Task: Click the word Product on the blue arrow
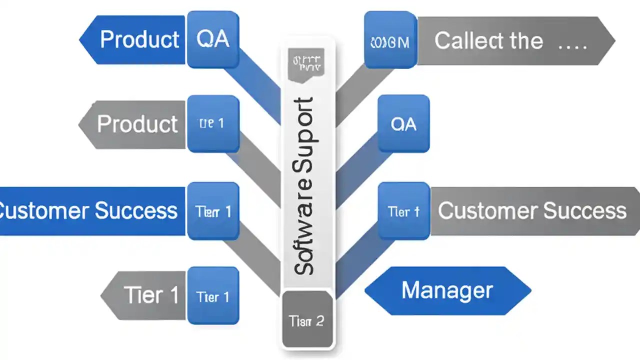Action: click(x=139, y=39)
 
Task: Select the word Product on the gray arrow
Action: click(x=137, y=124)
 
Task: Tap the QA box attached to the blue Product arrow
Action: click(x=213, y=39)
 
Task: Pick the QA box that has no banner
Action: click(x=403, y=124)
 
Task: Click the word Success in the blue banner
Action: click(x=136, y=210)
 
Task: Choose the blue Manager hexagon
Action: click(x=447, y=290)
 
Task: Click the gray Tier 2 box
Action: click(x=307, y=320)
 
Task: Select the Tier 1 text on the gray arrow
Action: click(x=150, y=295)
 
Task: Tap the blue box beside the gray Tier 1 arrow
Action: click(x=213, y=296)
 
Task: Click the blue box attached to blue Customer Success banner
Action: click(x=213, y=211)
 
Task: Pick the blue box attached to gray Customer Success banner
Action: click(x=403, y=211)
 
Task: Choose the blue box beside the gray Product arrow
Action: click(x=213, y=124)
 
